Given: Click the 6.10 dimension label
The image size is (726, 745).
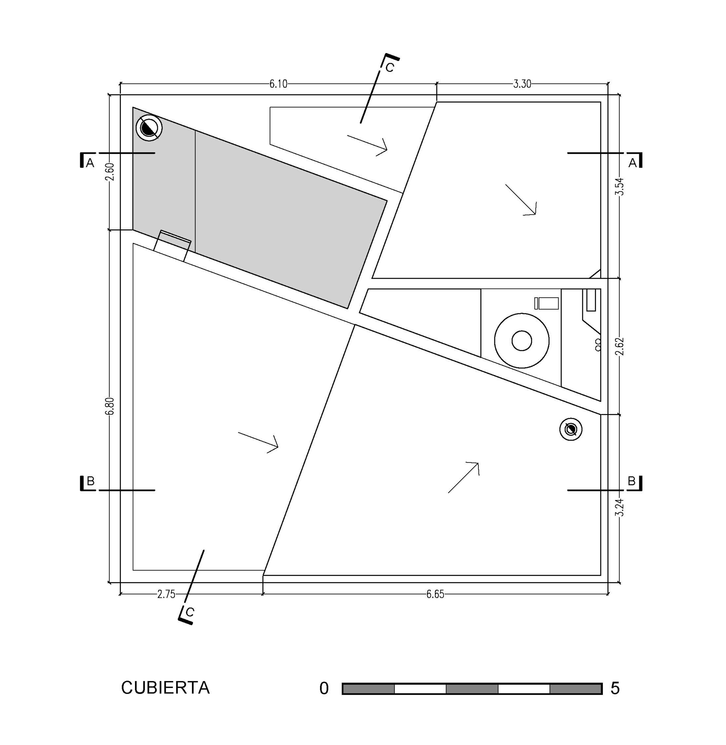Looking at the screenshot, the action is coord(278,84).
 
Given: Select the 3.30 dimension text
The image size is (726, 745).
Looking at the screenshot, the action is coord(522,84).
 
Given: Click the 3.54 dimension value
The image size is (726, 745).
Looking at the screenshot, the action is coord(620,187).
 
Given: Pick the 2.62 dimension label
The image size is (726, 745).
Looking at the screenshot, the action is coord(620,346).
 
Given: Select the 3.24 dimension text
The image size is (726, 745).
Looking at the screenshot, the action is coord(620,508).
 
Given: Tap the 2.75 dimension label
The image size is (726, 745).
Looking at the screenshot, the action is coord(166,594).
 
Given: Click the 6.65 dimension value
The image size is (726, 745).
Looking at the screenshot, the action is coord(436,594).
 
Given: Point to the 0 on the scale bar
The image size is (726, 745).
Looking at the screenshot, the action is coord(324,688).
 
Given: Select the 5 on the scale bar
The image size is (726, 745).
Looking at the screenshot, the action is coord(615,688).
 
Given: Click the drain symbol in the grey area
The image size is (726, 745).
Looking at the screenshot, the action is coord(149,128).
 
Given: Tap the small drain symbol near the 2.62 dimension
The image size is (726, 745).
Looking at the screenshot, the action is coord(571,429).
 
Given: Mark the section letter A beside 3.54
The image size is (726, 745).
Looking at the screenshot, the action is coord(633,163).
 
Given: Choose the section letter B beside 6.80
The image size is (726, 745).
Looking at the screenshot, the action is coord(90,481).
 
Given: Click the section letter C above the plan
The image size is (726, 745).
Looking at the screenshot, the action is coord(390,68).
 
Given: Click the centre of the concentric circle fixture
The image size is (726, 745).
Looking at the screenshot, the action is coord(522,341).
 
